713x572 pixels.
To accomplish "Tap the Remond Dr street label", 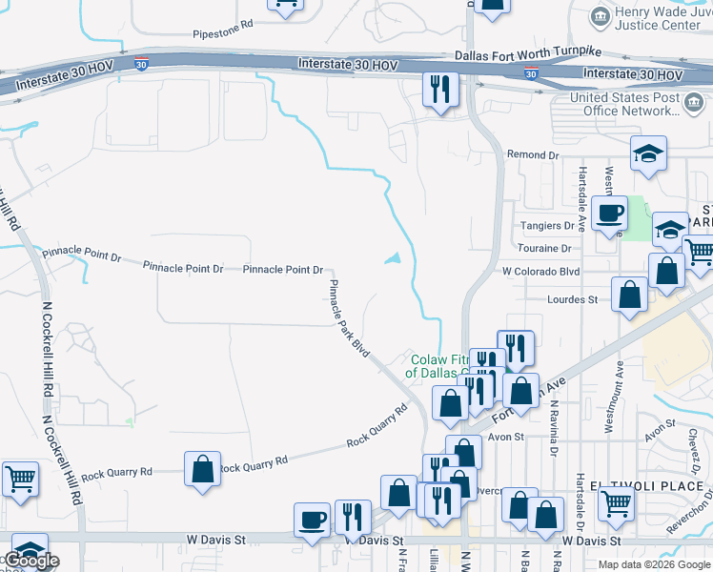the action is coord(532,155).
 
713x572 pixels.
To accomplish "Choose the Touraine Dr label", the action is coord(544,249).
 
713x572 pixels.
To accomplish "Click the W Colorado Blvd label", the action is coord(541,271).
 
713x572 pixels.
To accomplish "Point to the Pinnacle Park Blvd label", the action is coord(349,318).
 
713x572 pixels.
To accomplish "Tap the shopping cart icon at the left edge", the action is coord(20,479).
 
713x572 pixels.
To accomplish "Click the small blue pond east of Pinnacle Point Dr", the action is coord(393,257).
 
